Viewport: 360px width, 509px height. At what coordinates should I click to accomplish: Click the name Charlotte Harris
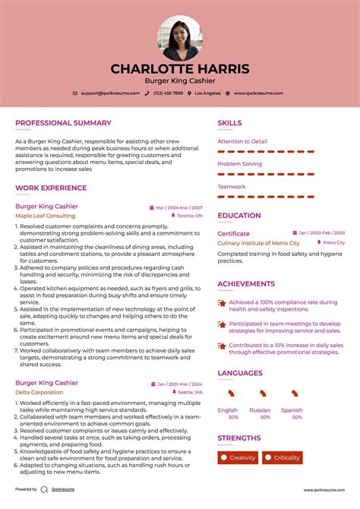click(x=180, y=68)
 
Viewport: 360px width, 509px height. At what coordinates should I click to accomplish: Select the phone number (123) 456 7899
click(x=168, y=93)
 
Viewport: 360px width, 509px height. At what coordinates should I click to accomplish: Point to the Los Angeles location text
click(x=207, y=93)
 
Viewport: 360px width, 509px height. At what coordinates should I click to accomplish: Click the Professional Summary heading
click(x=63, y=123)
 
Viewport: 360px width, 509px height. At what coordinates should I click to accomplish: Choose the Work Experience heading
click(x=51, y=188)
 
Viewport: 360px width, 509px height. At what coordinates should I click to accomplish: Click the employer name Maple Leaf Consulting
click(x=46, y=216)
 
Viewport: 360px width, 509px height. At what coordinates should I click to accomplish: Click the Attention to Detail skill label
click(x=242, y=141)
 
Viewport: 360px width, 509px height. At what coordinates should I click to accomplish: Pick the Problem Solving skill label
click(x=239, y=164)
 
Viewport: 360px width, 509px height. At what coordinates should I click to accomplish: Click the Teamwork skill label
click(x=232, y=187)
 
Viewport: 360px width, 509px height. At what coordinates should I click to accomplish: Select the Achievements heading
click(x=246, y=284)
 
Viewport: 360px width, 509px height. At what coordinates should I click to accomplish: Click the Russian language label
click(x=260, y=410)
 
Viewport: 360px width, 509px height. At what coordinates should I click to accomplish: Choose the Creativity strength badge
click(x=238, y=457)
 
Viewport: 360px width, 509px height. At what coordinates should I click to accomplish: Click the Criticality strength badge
click(x=282, y=457)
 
